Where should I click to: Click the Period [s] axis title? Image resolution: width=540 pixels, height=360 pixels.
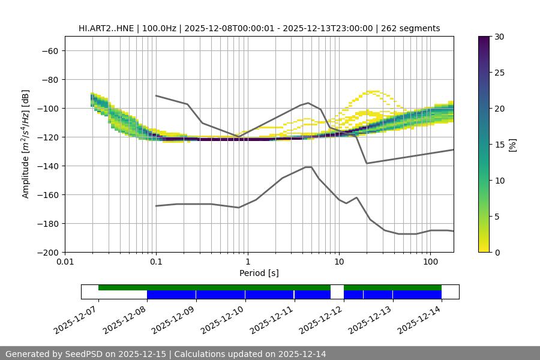259,274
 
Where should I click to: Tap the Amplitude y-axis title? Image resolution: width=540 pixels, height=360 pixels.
26,144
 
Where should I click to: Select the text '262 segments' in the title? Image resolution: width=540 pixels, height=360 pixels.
414,28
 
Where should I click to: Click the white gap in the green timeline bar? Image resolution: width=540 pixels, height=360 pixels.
337,288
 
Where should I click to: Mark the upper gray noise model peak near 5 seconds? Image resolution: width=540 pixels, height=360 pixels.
308,103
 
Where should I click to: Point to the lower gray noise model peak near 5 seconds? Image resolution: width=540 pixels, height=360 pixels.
308,167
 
